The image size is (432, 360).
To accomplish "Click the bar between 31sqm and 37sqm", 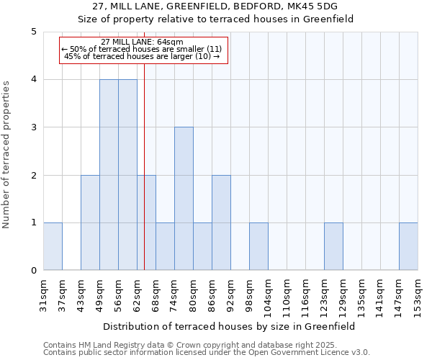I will point(53,246).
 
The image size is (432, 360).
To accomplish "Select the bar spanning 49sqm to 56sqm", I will point(109,175).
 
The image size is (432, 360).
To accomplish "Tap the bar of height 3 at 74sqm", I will point(184,199).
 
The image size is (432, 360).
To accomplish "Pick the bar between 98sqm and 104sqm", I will point(258,246).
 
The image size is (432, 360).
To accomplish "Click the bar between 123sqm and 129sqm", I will point(333,246).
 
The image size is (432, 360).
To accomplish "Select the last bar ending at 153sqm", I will point(408,246).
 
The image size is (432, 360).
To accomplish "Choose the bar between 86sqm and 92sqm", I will point(221,222).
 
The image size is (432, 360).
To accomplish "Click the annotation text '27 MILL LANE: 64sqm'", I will point(143,42).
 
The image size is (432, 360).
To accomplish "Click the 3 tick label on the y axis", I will point(34,127).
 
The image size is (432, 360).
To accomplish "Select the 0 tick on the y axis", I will point(34,271).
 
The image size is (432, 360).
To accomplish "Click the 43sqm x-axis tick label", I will point(81,294).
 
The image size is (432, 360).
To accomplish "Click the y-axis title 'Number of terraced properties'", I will point(7,155).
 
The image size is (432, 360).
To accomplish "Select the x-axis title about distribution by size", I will point(230,326).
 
